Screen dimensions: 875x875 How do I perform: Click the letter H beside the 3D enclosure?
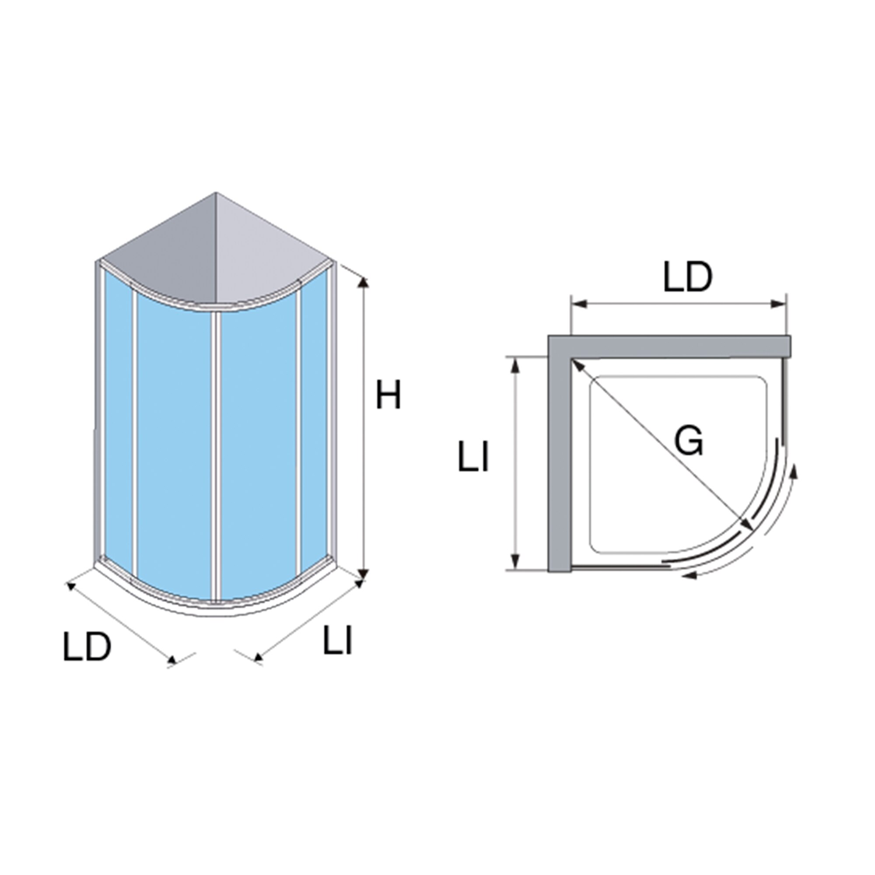pos(388,395)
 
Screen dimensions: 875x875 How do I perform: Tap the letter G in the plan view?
pos(688,441)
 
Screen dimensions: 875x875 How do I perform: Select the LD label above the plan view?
pos(687,277)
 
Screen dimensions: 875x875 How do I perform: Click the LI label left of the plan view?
pos(473,458)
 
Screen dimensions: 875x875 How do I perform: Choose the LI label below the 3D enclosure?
pos(337,640)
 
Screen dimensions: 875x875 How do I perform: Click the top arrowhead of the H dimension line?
pos(363,283)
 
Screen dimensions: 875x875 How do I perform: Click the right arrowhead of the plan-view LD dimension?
pos(778,304)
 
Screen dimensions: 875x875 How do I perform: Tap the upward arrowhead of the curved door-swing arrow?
pos(793,472)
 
